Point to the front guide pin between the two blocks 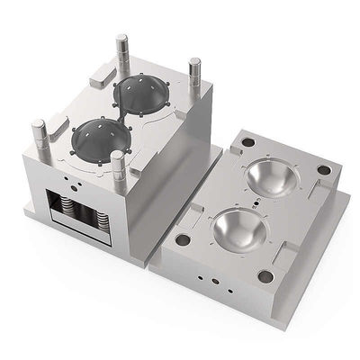tap(117, 171)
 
